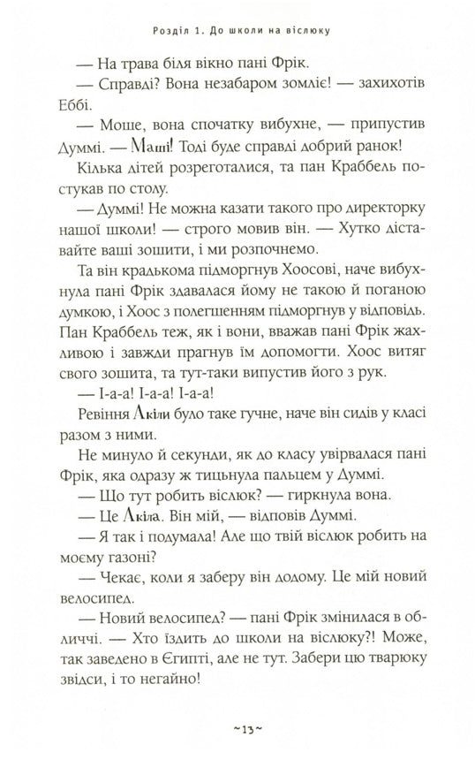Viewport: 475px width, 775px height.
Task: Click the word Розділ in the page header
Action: click(x=173, y=34)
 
